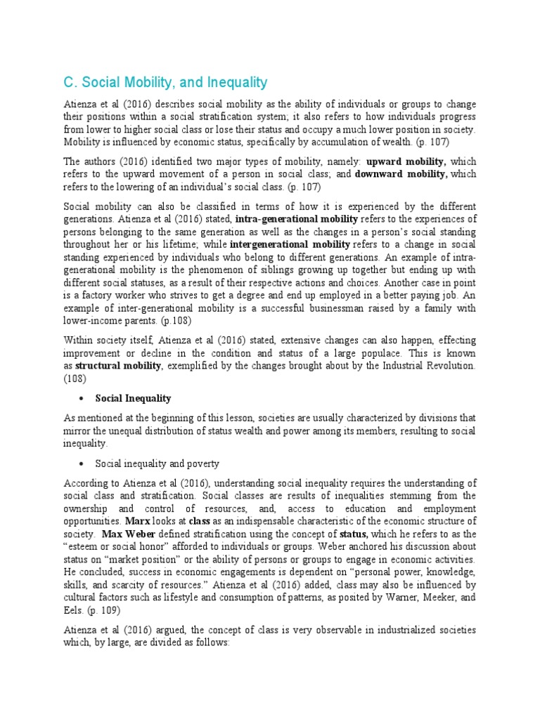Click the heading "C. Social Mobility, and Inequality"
(165, 83)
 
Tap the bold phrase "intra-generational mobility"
(297, 219)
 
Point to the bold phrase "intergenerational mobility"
(290, 244)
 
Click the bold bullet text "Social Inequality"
(133, 398)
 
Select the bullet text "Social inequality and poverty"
(157, 463)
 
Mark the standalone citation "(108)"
(75, 378)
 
